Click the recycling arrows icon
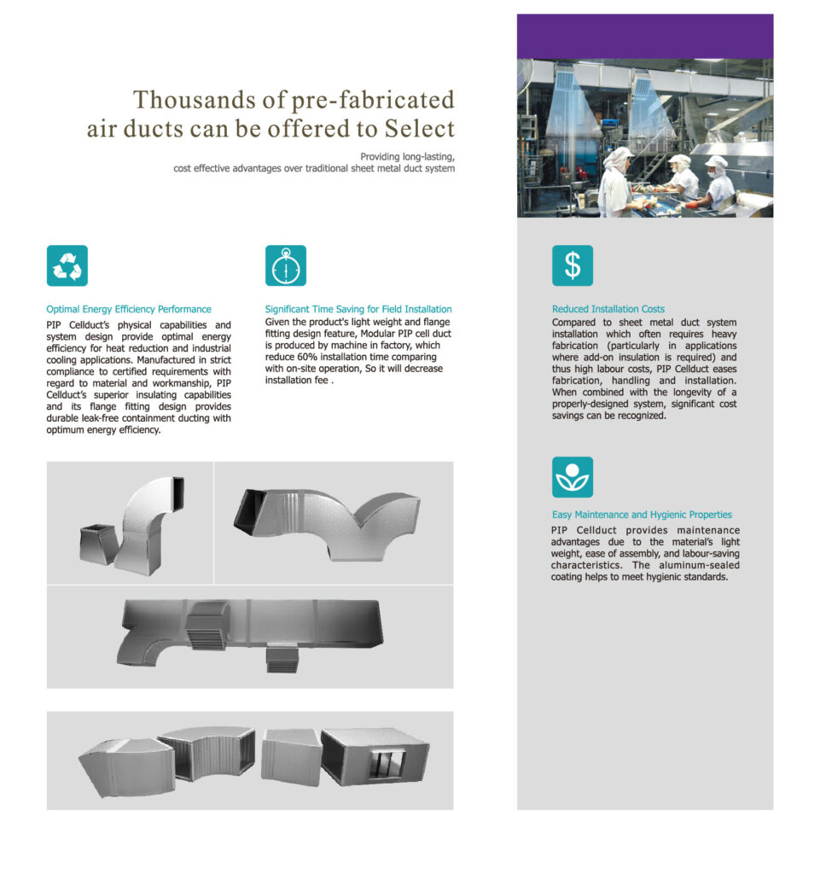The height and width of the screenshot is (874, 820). (x=67, y=265)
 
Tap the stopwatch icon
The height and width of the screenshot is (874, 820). (x=285, y=265)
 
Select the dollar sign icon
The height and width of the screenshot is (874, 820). (x=572, y=265)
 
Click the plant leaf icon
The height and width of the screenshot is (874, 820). (x=572, y=478)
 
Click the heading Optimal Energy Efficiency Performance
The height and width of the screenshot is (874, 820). (x=129, y=309)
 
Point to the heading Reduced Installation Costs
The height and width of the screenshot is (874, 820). (x=608, y=309)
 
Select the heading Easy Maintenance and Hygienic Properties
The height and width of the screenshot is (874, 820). (x=642, y=515)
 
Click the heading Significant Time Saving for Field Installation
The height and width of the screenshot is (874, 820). (x=358, y=309)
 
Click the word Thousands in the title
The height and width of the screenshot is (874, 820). (x=192, y=100)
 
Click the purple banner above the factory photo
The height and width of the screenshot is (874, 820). (x=645, y=36)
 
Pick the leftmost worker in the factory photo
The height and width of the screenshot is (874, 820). (x=615, y=181)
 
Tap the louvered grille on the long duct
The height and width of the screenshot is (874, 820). (x=206, y=626)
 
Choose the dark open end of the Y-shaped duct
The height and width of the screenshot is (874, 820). (x=252, y=509)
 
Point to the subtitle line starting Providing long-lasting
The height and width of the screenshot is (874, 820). (x=407, y=157)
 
